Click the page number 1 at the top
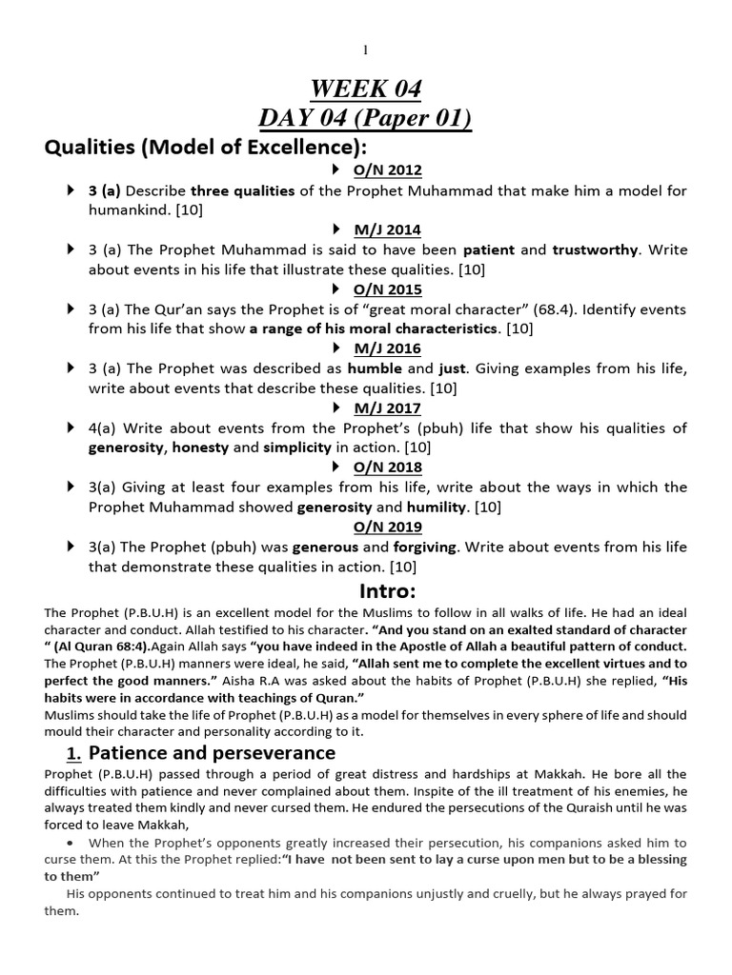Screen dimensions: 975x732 (x=366, y=50)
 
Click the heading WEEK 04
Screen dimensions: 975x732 (x=366, y=90)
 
